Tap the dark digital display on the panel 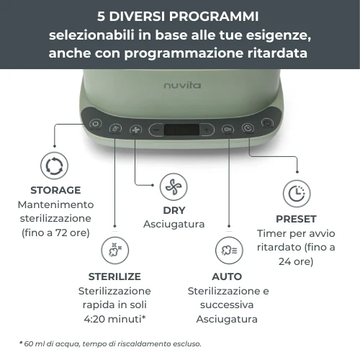pos(181,130)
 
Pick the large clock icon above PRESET pos(295,193)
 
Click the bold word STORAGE pos(55,190)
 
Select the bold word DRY pos(174,210)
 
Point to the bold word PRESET pos(296,218)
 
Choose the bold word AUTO pos(227,276)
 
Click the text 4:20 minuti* pos(115,319)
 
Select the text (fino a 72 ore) pos(55,233)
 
